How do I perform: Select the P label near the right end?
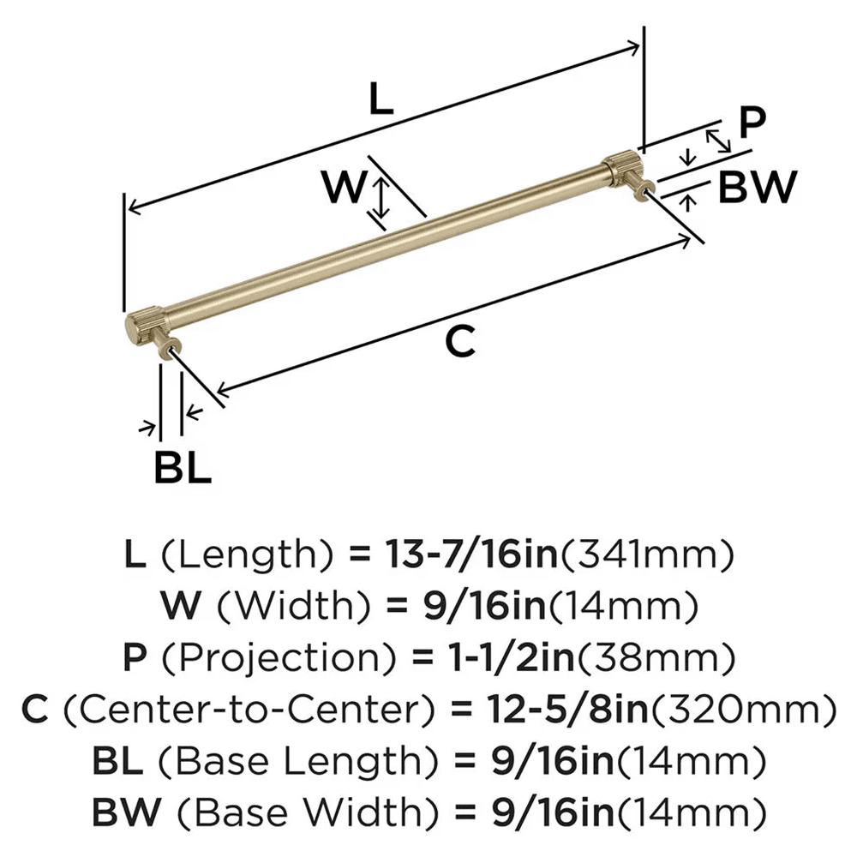tap(752, 123)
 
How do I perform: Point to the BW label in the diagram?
tap(757, 188)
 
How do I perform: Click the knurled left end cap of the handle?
tap(137, 327)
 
